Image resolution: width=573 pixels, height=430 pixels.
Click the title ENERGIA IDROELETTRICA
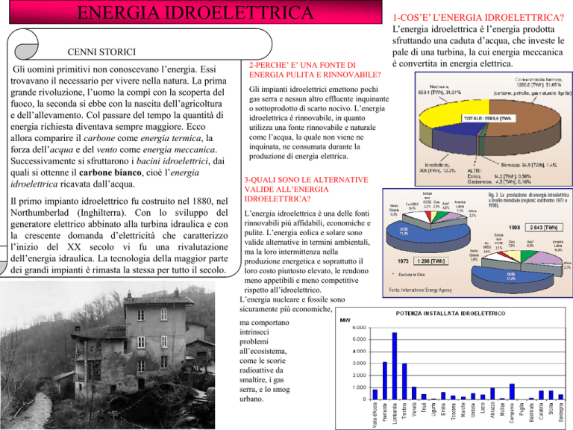188,14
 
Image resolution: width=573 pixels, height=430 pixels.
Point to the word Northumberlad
45,215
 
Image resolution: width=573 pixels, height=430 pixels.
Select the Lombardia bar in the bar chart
393,365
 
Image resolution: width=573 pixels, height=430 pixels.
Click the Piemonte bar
384,380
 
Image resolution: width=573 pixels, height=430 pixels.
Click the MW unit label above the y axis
345,320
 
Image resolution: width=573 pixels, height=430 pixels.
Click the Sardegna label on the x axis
560,414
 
